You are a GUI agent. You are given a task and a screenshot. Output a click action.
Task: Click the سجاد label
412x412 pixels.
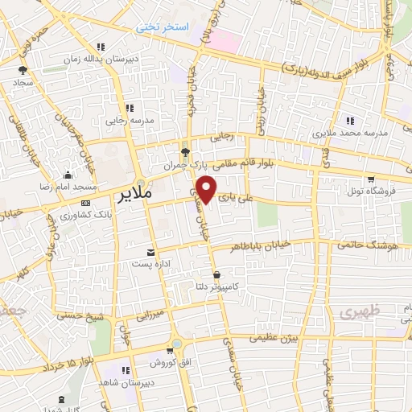[22, 82]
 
